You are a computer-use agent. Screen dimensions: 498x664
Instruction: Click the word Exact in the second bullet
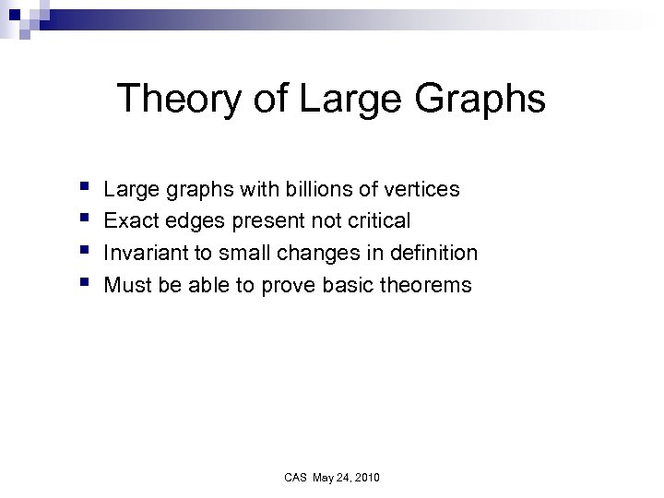click(131, 221)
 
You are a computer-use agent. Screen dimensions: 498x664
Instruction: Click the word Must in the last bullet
click(127, 285)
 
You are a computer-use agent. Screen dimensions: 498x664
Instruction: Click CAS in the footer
click(295, 477)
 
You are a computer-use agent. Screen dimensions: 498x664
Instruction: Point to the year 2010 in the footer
click(366, 477)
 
